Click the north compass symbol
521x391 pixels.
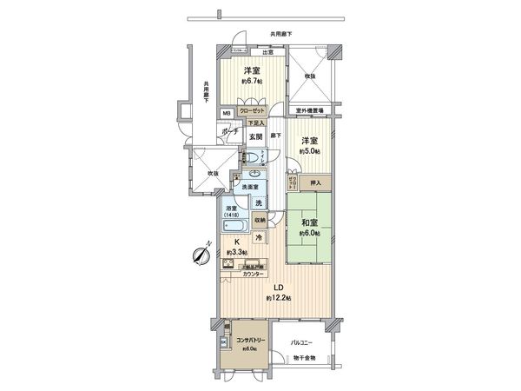click(199, 255)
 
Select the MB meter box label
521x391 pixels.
click(225, 113)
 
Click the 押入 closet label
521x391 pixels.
click(317, 183)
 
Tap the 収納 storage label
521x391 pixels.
click(260, 221)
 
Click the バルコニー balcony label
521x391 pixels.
click(301, 344)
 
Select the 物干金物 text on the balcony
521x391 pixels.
click(305, 357)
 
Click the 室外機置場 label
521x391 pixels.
click(309, 110)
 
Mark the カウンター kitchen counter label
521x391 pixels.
click(255, 275)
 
